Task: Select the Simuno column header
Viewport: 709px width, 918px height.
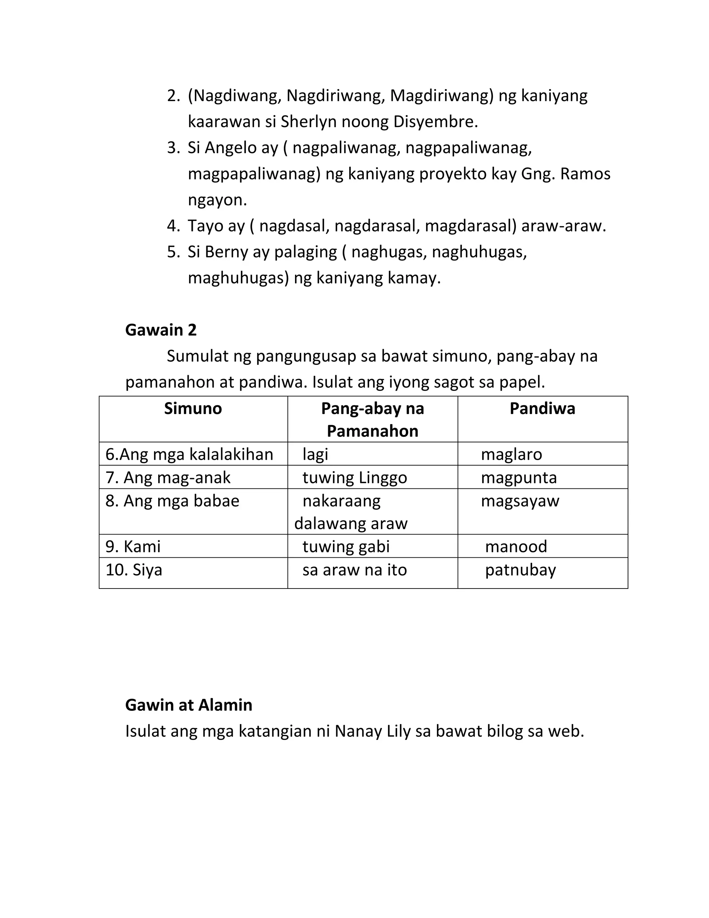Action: [x=193, y=408]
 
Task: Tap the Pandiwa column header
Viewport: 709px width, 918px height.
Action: [x=542, y=408]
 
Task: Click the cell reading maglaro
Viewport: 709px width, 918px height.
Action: [x=511, y=454]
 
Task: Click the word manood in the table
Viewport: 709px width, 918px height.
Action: [x=516, y=546]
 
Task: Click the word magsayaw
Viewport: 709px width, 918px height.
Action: [x=520, y=501]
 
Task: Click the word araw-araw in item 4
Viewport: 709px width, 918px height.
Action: [x=563, y=226]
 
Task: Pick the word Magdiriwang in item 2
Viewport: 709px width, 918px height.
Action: [x=441, y=96]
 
